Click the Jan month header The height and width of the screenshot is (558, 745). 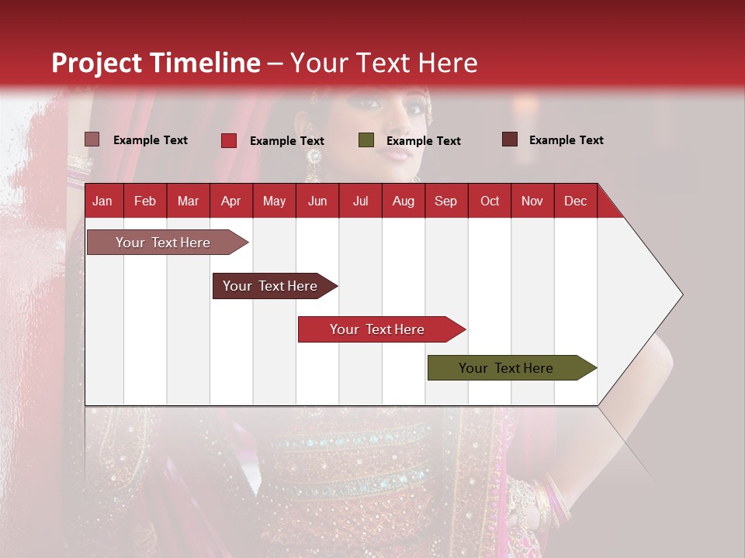pyautogui.click(x=102, y=201)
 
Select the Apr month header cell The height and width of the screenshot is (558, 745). pyautogui.click(x=230, y=201)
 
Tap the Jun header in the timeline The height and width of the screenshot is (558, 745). pyautogui.click(x=317, y=201)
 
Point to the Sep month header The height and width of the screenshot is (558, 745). pyautogui.click(x=445, y=201)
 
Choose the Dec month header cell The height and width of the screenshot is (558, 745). pyautogui.click(x=575, y=201)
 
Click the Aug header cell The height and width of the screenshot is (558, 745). pyautogui.click(x=403, y=201)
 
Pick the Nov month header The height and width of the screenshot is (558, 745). pyautogui.click(x=532, y=201)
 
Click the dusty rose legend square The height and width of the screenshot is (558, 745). pyautogui.click(x=92, y=139)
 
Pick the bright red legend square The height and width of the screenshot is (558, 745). pyautogui.click(x=229, y=140)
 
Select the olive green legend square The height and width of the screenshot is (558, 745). pyautogui.click(x=366, y=140)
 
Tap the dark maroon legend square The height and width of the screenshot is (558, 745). pyautogui.click(x=510, y=139)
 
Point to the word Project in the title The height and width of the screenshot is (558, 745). pyautogui.click(x=96, y=63)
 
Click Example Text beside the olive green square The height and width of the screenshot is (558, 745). pyautogui.click(x=423, y=141)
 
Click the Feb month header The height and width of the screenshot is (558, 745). pyautogui.click(x=145, y=201)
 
